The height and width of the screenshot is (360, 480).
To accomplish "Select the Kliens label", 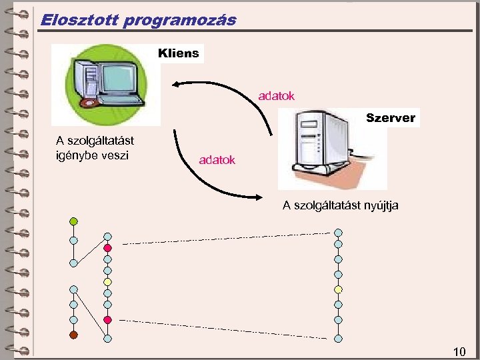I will [179, 53].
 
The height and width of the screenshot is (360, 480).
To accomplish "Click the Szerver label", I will [391, 118].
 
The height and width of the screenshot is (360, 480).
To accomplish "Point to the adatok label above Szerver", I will [277, 97].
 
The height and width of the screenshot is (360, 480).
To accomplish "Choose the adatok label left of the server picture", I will [217, 161].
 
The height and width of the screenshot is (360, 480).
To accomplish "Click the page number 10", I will [459, 351].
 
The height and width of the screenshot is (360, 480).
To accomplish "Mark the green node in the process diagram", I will [73, 221].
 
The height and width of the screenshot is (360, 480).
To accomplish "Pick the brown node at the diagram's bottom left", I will [73, 335].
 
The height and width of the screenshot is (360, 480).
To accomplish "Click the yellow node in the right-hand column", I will [338, 289].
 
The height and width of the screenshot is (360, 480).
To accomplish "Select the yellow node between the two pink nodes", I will [107, 281].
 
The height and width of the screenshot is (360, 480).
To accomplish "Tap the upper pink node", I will [107, 248].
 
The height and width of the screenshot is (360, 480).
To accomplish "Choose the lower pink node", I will [107, 320].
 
